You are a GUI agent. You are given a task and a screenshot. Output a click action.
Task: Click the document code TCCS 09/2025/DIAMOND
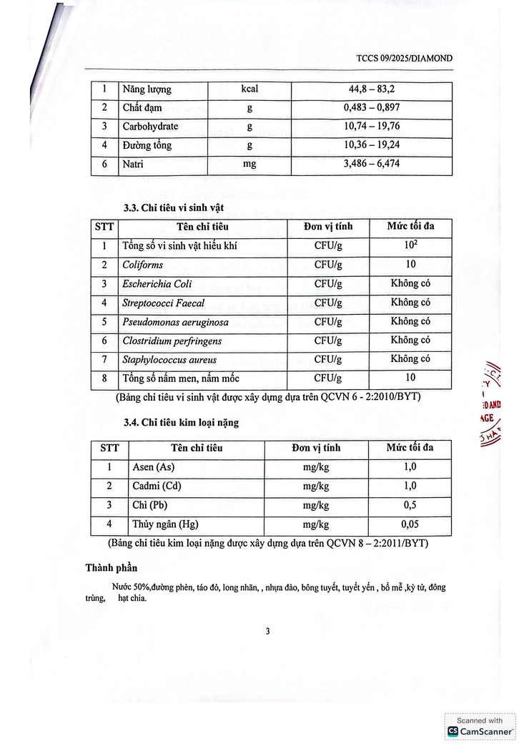pos(404,58)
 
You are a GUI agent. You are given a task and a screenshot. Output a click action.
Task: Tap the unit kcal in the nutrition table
pos(249,89)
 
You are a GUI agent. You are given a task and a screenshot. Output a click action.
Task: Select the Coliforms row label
pos(143,265)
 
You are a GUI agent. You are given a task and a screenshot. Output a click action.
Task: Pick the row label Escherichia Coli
pos(157,284)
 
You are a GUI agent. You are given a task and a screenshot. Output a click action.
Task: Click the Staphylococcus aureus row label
pos(169,360)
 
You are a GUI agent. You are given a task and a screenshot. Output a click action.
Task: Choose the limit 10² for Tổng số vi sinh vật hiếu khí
pos(410,245)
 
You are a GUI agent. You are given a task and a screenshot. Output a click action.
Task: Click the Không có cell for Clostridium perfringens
pos(410,341)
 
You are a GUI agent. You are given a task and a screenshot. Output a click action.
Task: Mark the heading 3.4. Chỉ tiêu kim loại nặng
pos(181,423)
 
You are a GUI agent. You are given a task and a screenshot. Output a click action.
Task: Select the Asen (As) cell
pos(153,468)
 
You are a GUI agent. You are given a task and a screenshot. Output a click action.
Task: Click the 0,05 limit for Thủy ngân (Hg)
pos(410,524)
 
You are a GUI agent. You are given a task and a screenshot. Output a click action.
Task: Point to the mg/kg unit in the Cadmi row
pos(315,486)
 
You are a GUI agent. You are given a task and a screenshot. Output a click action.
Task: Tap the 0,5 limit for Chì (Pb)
pos(410,505)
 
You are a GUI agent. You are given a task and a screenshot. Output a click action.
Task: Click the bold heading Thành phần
pos(111,569)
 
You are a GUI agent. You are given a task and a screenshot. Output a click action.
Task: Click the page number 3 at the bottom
pos(267,631)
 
